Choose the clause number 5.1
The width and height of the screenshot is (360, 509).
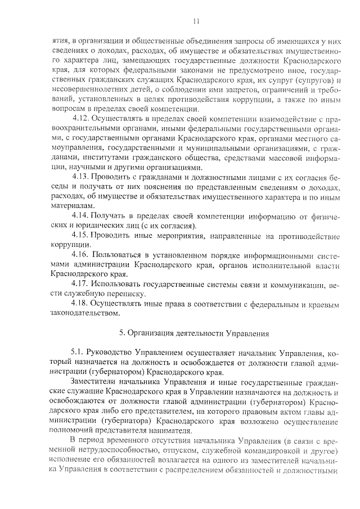coord(79,353)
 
